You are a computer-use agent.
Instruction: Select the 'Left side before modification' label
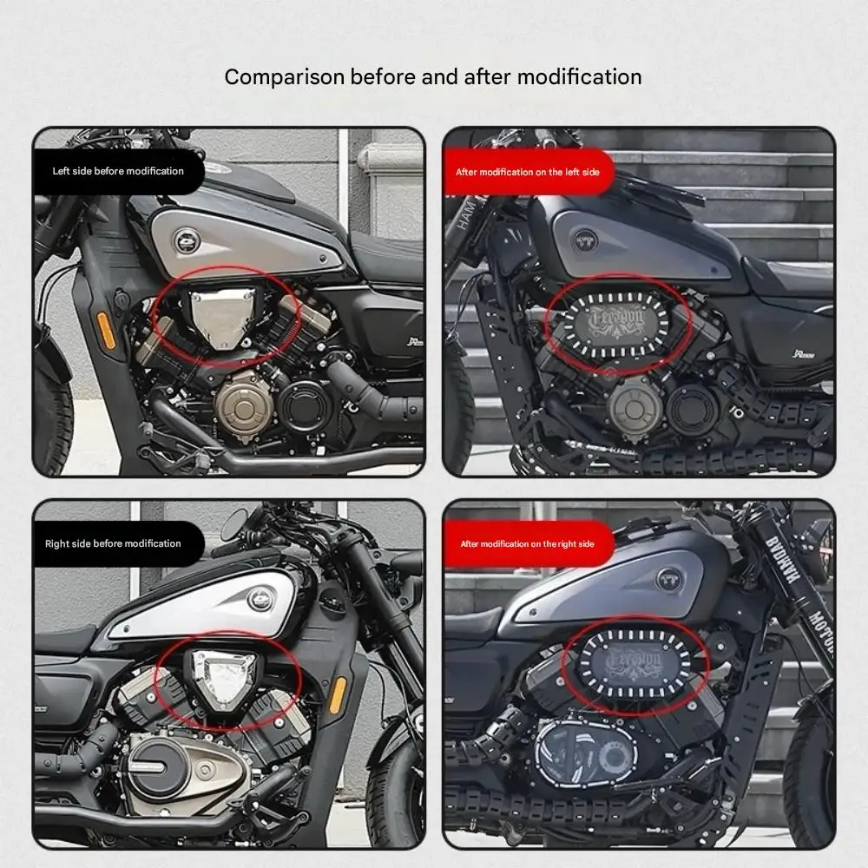click(118, 171)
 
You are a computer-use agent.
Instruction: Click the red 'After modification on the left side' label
click(528, 172)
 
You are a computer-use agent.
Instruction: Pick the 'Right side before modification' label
click(113, 543)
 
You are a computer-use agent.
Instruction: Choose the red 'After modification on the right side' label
click(527, 544)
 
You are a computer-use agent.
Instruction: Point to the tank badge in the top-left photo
click(185, 240)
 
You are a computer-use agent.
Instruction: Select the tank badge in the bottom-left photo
click(260, 598)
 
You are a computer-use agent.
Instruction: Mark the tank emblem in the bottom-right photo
click(669, 579)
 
